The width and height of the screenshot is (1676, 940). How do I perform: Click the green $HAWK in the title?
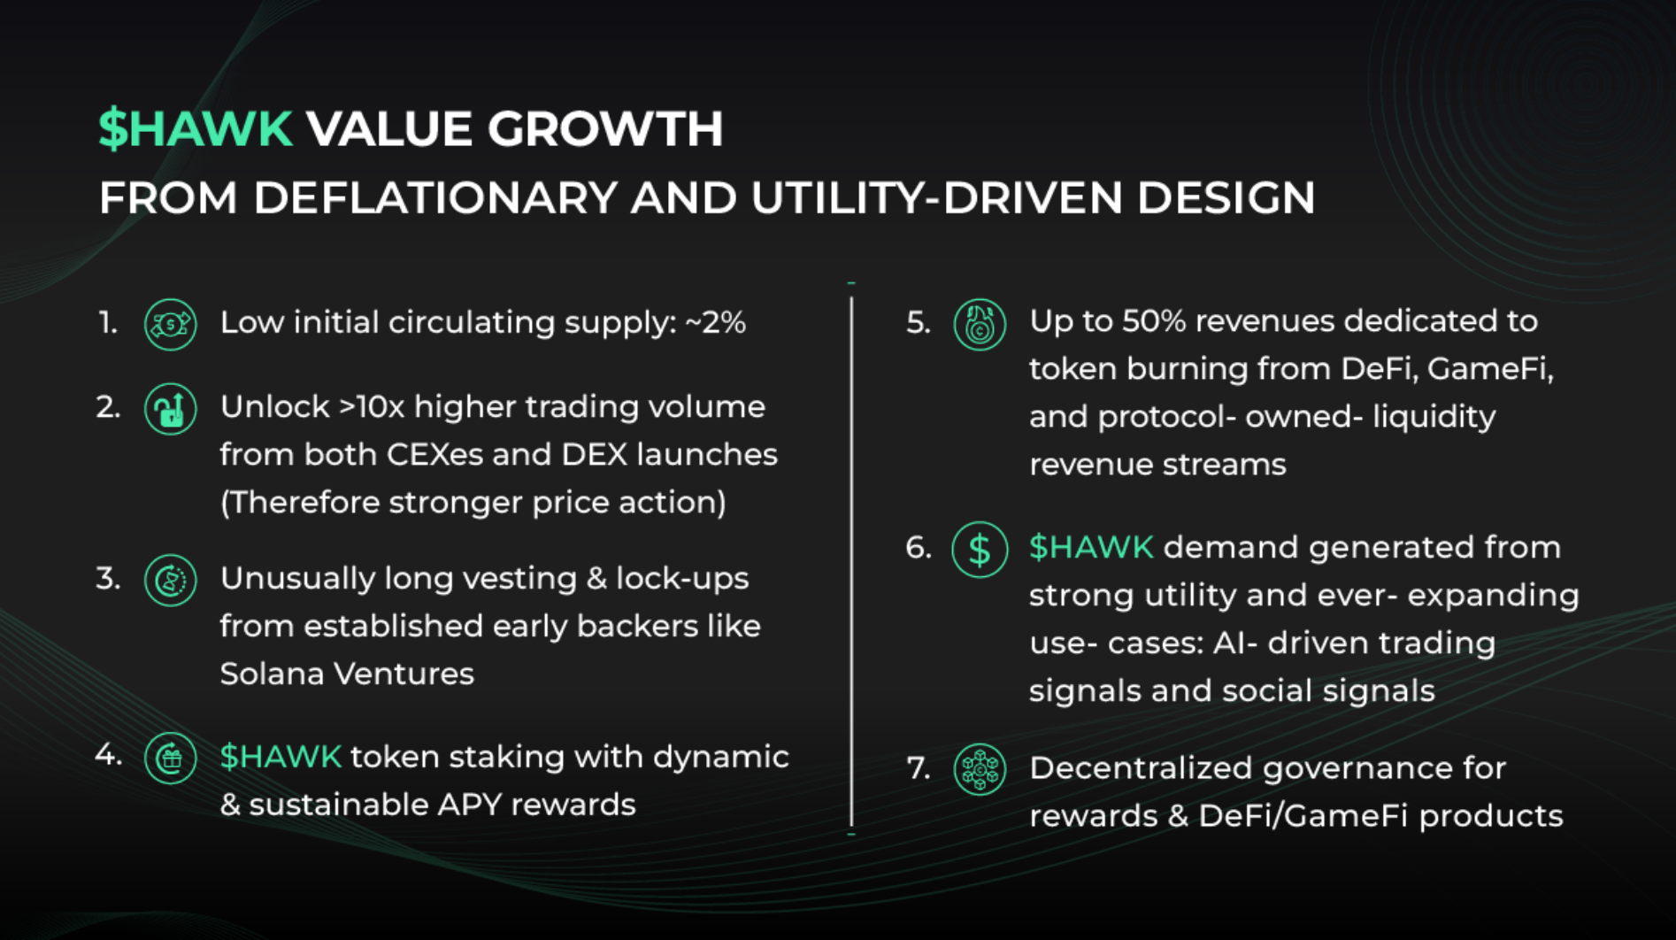[x=196, y=128]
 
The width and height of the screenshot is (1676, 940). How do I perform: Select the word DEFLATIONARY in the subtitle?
[x=435, y=197]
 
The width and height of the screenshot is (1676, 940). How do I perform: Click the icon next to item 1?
[x=170, y=325]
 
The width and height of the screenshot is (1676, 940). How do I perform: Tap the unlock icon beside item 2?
[x=170, y=409]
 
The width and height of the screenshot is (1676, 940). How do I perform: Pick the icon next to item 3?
[x=170, y=581]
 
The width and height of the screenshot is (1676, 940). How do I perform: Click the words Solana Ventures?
[x=347, y=674]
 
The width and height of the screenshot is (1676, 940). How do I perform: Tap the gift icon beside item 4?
[x=170, y=759]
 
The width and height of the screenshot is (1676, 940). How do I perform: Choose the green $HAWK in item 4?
[x=281, y=758]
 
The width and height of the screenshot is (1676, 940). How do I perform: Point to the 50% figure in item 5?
[x=1154, y=321]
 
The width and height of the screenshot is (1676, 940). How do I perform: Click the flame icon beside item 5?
[x=980, y=324]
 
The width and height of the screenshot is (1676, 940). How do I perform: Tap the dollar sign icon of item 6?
[x=980, y=550]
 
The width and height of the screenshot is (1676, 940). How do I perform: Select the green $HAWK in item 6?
[x=1091, y=548]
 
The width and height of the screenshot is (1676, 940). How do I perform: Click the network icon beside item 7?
[x=980, y=769]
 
